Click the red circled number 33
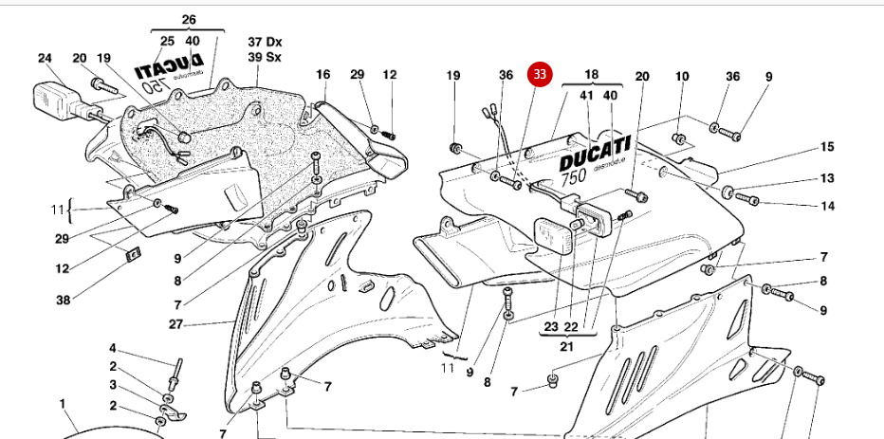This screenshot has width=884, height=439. point(540,74)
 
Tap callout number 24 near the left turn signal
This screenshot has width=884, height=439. point(45,58)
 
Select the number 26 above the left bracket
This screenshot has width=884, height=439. point(188,19)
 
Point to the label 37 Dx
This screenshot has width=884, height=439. point(266,42)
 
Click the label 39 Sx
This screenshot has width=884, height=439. point(266,57)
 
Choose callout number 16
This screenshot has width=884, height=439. point(322,74)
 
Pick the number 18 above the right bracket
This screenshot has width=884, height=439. point(591,74)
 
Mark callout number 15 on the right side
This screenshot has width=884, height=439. point(827,147)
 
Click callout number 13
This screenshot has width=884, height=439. point(827,178)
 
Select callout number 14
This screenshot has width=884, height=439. point(827,206)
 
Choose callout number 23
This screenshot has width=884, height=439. point(552,327)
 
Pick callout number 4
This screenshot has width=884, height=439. point(112,348)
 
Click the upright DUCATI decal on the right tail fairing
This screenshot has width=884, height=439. point(595,152)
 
